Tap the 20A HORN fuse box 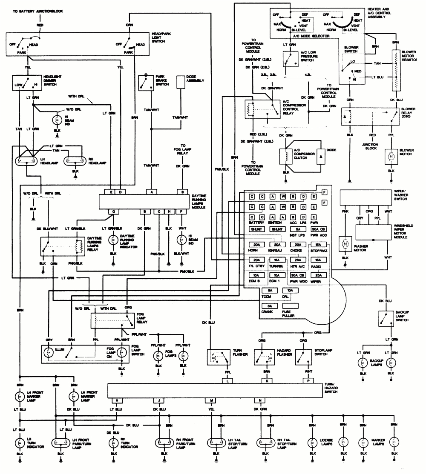coord(256,245)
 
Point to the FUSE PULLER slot coord(290,306)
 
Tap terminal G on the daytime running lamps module coord(113,211)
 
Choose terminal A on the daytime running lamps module coord(151,191)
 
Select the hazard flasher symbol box coord(263,356)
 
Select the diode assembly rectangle coord(183,83)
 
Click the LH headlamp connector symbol coord(26,162)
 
